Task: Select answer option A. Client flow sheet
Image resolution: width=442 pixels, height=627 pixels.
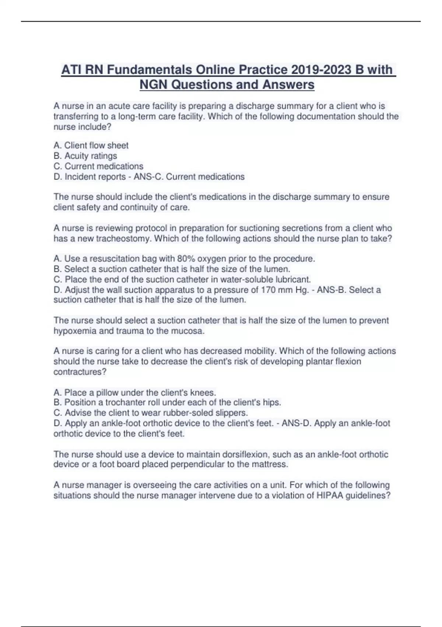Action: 91,145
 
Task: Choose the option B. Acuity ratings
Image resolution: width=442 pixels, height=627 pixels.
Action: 85,156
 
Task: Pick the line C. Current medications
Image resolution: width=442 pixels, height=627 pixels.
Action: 98,166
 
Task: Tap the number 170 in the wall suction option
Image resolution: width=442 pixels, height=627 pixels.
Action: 269,290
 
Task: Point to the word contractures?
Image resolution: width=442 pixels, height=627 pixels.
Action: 80,372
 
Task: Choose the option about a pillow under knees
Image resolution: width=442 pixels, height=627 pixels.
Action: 135,392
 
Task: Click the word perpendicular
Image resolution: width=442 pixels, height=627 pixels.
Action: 197,464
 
